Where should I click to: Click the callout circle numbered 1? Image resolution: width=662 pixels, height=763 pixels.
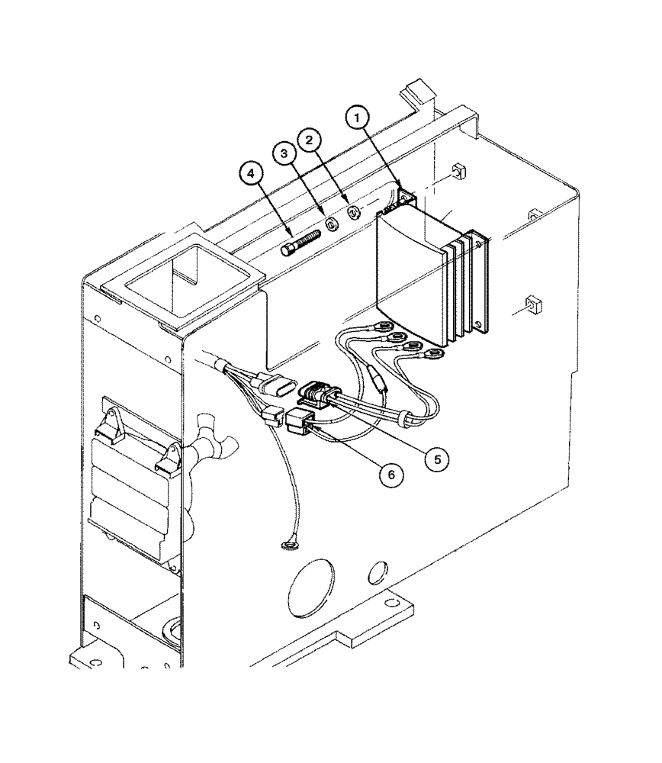pyautogui.click(x=360, y=119)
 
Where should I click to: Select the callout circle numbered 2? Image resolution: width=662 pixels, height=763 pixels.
pyautogui.click(x=310, y=140)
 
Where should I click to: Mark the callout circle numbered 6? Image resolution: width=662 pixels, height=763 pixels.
pyautogui.click(x=390, y=474)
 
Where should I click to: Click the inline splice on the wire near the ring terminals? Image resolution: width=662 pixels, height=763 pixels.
pyautogui.click(x=376, y=377)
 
